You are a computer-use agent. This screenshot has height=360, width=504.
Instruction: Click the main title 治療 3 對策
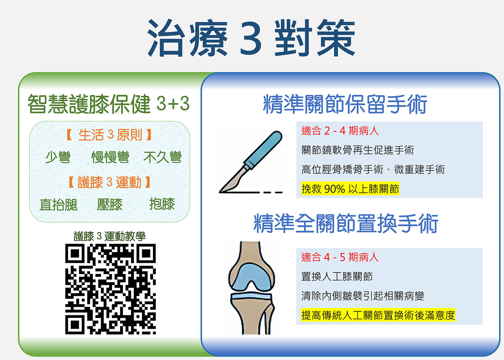pyautogui.click(x=251, y=38)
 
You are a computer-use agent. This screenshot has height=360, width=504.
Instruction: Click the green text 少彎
pyautogui.click(x=58, y=157)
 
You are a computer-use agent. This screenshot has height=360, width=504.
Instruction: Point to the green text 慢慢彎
pyautogui.click(x=111, y=157)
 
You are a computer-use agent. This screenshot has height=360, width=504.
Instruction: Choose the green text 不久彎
pyautogui.click(x=163, y=157)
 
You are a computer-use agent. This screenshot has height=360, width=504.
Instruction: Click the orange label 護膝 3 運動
pyautogui.click(x=110, y=182)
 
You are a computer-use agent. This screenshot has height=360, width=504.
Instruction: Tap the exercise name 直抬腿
pyautogui.click(x=58, y=204)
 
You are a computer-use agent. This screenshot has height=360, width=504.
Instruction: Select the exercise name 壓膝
pyautogui.click(x=110, y=204)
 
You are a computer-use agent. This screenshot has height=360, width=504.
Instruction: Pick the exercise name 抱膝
pyautogui.click(x=162, y=204)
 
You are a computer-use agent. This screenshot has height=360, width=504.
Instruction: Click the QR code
pyautogui.click(x=110, y=289)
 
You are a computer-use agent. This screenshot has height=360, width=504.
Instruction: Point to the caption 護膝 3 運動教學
pyautogui.click(x=110, y=236)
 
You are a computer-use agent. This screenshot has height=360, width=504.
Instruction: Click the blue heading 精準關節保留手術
pyautogui.click(x=345, y=104)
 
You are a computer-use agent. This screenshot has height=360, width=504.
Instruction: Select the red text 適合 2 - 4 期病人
pyautogui.click(x=340, y=130)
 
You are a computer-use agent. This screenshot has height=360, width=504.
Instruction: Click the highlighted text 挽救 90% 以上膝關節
pyautogui.click(x=350, y=189)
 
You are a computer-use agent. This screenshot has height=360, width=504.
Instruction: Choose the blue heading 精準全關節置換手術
pyautogui.click(x=346, y=224)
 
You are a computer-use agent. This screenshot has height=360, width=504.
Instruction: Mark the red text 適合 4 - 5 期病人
pyautogui.click(x=340, y=257)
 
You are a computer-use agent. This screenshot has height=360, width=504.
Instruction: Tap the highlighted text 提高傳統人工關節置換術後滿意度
pyautogui.click(x=378, y=315)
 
